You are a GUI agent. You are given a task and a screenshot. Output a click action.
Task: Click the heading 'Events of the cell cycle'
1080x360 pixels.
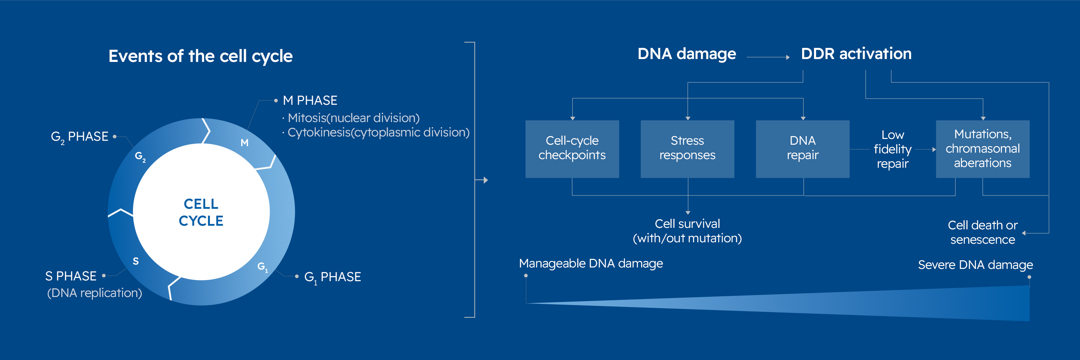(201, 56)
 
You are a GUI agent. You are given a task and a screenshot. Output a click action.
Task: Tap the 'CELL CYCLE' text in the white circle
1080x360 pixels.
(201, 212)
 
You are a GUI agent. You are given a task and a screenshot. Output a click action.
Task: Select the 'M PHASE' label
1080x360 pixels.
(310, 100)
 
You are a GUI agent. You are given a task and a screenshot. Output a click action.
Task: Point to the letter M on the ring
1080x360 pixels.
(244, 143)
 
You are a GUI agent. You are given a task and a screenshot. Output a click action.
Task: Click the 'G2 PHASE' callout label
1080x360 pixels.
(80, 137)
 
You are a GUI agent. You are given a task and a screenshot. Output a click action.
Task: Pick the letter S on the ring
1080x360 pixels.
(135, 261)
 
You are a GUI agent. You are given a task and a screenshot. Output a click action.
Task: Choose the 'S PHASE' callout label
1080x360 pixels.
(71, 276)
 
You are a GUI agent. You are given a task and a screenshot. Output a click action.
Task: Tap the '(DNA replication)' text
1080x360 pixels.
(94, 293)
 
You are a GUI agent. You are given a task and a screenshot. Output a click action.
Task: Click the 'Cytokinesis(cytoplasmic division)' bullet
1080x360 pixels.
(378, 132)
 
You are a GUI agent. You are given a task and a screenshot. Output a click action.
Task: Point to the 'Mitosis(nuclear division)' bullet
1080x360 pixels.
(354, 118)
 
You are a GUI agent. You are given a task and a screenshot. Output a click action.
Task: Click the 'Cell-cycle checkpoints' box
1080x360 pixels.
(572, 149)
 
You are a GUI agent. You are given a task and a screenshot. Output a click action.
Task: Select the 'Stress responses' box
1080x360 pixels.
(687, 149)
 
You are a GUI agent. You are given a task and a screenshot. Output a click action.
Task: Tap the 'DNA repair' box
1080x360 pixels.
(802, 149)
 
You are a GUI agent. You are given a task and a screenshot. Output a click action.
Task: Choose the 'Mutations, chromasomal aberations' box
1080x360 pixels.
(982, 149)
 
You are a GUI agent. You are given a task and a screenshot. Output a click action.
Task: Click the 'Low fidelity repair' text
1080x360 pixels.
(892, 149)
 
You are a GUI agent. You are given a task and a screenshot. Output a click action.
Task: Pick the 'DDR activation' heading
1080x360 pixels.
(856, 54)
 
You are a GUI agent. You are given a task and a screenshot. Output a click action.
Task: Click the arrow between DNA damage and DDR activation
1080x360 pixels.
(768, 57)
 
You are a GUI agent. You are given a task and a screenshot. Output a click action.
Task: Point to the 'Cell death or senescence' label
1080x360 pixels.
(982, 232)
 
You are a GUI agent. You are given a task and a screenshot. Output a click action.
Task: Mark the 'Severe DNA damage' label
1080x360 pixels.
(975, 265)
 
